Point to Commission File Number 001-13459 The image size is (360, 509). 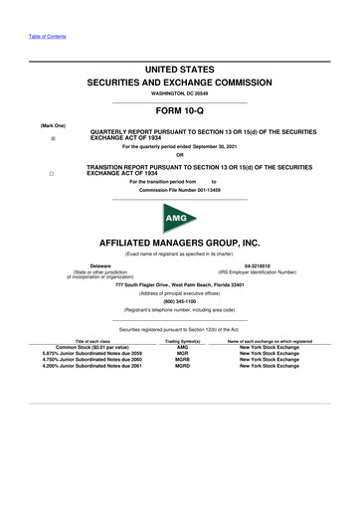180,189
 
